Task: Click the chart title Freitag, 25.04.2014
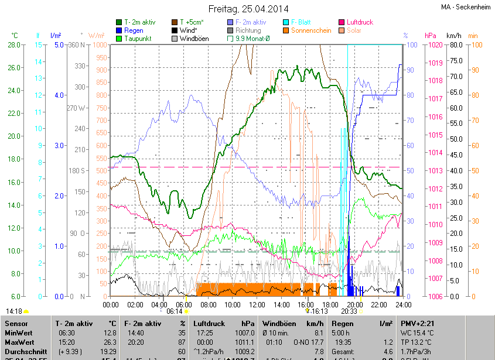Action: pyautogui.click(x=248, y=9)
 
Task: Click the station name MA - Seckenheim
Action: pyautogui.click(x=467, y=7)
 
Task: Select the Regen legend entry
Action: pyautogui.click(x=134, y=30)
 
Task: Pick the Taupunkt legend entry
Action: pyautogui.click(x=138, y=39)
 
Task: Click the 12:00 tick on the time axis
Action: pyautogui.click(x=257, y=304)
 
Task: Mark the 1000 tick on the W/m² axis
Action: pyautogui.click(x=100, y=45)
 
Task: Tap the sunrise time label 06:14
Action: pyautogui.click(x=175, y=312)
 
